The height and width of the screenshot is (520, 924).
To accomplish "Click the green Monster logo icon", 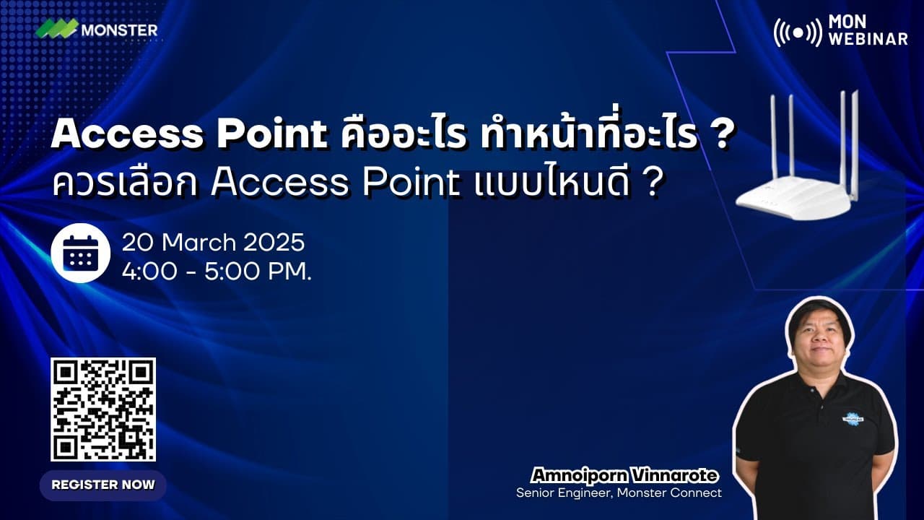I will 57,30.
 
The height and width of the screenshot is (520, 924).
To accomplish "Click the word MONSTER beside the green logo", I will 119,30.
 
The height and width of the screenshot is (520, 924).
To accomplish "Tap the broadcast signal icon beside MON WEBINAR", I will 797,32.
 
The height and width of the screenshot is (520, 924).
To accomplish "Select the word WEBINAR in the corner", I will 868,39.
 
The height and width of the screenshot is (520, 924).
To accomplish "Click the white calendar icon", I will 80,253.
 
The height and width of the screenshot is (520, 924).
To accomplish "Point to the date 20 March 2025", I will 213,242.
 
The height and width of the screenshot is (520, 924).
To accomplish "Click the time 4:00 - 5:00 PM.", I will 217,273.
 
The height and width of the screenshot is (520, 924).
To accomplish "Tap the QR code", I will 103,409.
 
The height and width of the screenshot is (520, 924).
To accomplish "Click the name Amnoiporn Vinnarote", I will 624,475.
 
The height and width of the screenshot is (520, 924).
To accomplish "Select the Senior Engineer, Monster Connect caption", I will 619,493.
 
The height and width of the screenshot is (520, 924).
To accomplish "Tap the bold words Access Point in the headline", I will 190,134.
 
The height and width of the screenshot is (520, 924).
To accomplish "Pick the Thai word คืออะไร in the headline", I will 404,134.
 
